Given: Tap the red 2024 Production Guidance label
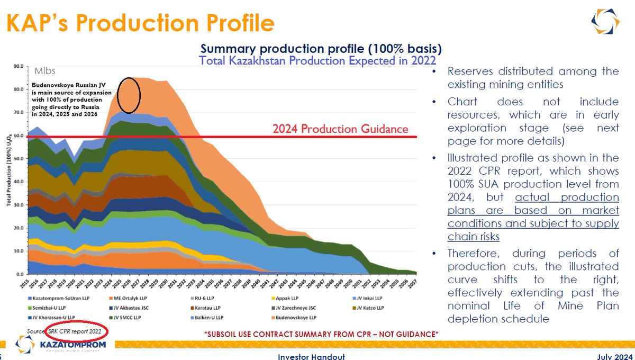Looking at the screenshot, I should (x=340, y=129).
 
